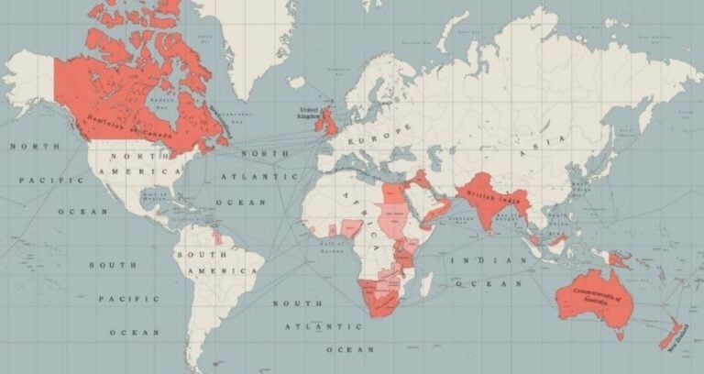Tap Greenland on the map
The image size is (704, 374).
(247, 46)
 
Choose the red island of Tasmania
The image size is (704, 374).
(621, 335)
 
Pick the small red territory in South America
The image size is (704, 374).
(217, 236)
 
